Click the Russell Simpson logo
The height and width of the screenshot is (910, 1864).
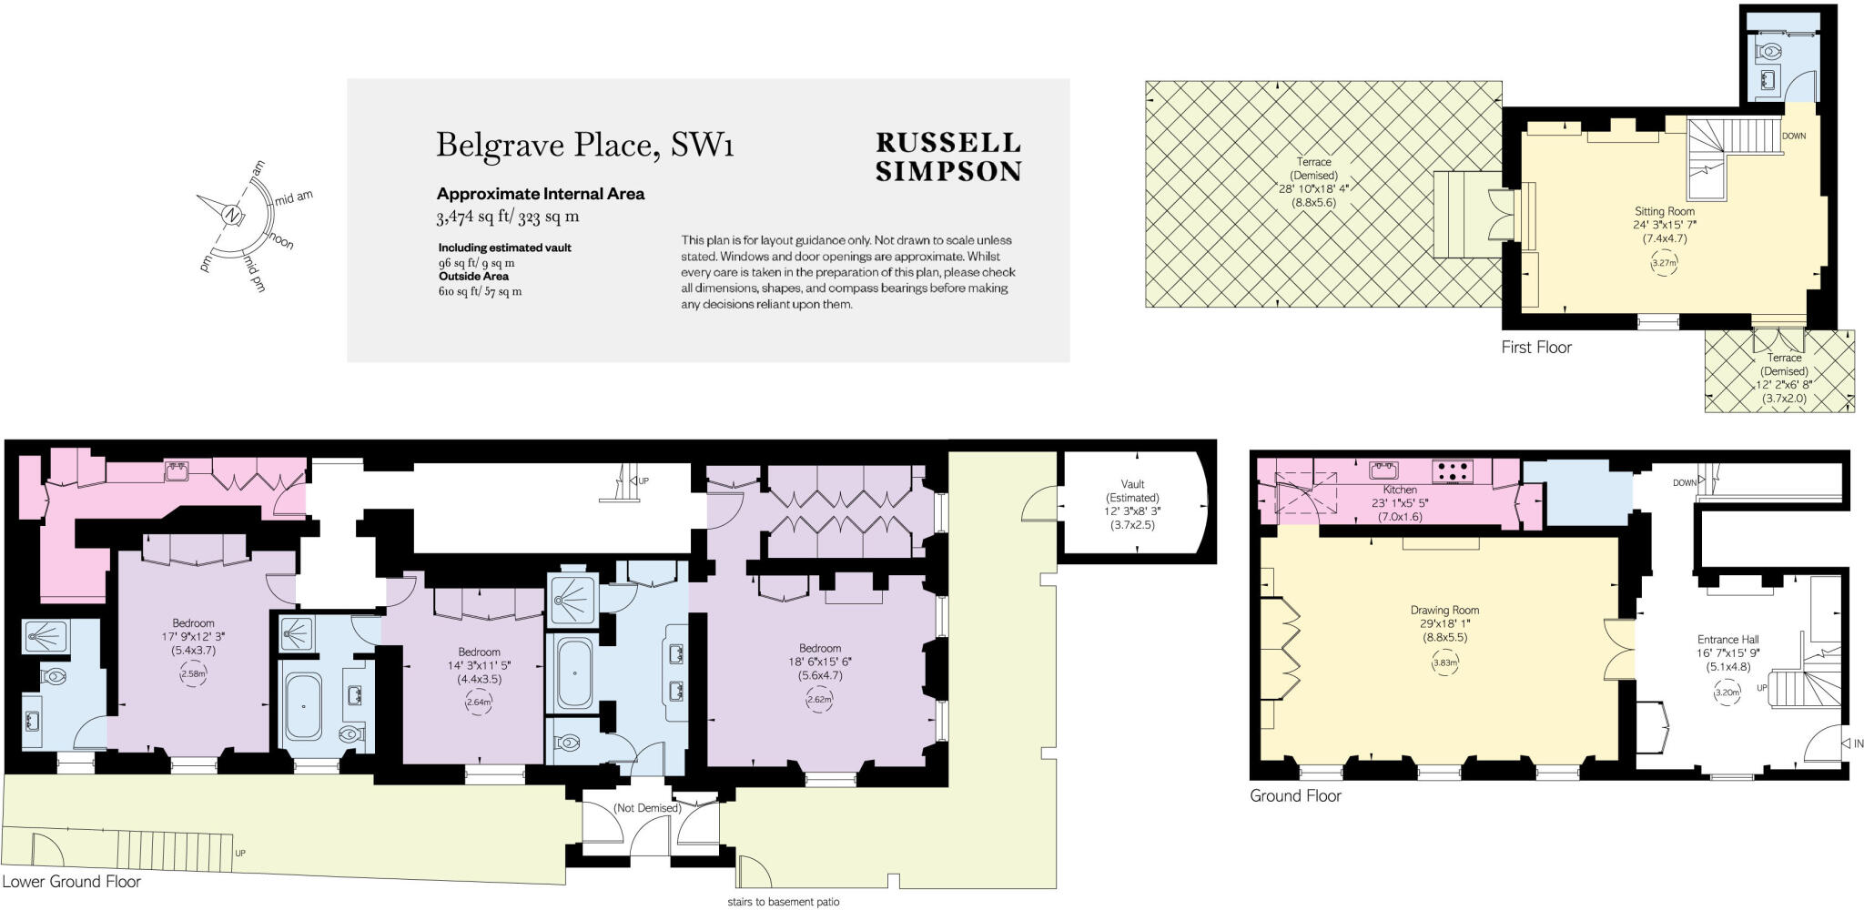(x=948, y=157)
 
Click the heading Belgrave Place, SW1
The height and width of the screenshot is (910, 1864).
(x=584, y=146)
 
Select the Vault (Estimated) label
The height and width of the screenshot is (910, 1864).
(x=1132, y=498)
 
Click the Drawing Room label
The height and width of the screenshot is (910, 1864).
(x=1444, y=611)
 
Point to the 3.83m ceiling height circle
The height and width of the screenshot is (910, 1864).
(x=1445, y=662)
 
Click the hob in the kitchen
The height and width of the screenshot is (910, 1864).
(x=1453, y=471)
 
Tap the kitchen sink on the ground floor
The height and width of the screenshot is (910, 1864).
(x=1383, y=470)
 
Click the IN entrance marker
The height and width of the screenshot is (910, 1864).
(x=1857, y=743)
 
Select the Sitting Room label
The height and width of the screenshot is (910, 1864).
(x=1664, y=211)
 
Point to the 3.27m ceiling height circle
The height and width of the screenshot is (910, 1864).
(x=1664, y=264)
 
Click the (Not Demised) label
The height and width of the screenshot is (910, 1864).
(x=647, y=808)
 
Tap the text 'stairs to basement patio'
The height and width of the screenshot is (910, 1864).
(x=783, y=903)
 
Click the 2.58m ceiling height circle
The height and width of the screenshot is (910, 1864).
(x=193, y=674)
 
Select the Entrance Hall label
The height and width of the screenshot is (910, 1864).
(x=1727, y=640)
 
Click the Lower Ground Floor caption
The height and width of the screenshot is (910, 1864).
(x=71, y=882)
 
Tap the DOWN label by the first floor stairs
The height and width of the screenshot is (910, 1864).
(x=1793, y=136)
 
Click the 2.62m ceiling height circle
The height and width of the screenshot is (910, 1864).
(x=819, y=700)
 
